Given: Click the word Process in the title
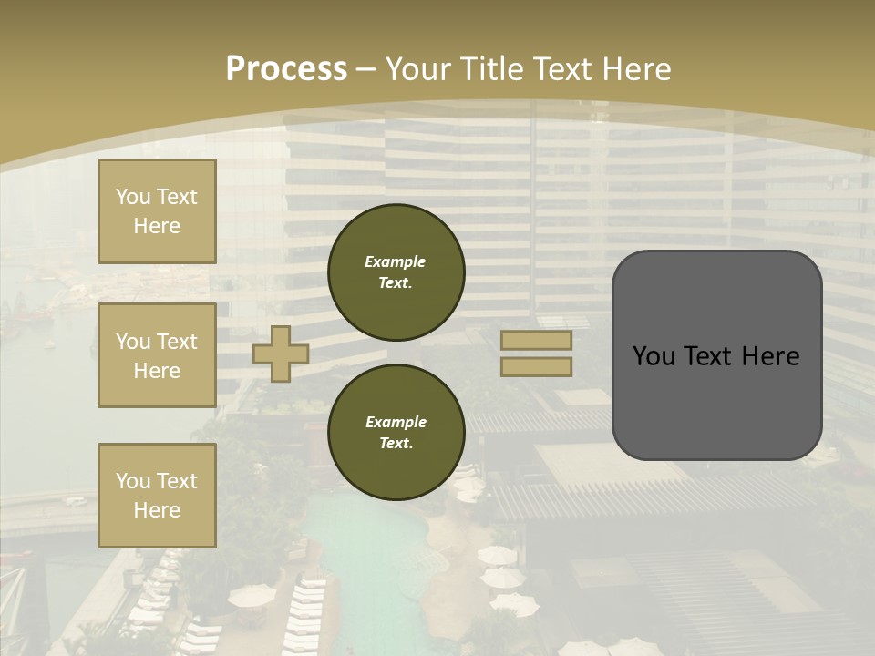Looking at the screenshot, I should pos(286,68).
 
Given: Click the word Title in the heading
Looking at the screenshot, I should pos(491,68).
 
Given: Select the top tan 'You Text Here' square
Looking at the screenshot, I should pos(157,211).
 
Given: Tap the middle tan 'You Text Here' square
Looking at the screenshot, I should pos(157,355).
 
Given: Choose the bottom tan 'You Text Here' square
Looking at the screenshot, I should pos(157,496).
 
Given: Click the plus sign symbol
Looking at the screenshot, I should pos(281,354).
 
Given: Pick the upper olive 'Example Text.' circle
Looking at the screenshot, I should pos(396,272).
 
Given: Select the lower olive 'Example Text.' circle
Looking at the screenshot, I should pos(396,432).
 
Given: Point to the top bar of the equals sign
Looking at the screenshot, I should pos(537,341).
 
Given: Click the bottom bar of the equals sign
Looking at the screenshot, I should pos(537,366).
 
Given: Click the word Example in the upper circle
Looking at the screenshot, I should pos(396,261).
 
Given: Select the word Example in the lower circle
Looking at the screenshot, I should pos(396,422).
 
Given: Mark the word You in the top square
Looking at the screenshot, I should pos(133,197).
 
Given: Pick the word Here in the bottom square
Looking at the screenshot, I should pos(157,510).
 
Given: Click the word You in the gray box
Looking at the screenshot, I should pos(654,356).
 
